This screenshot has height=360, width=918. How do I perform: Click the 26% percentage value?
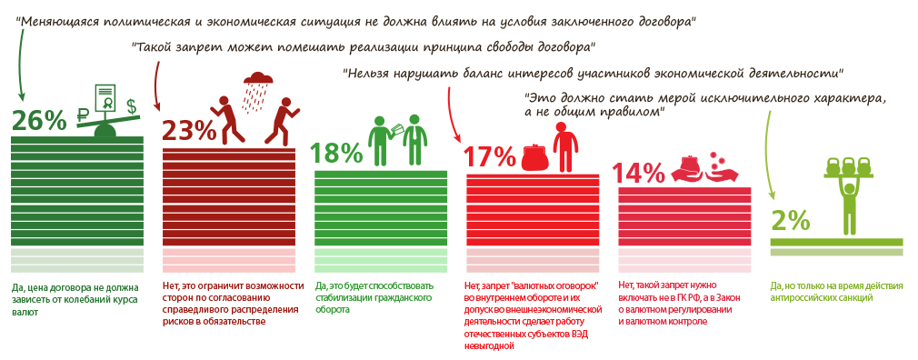tap(39, 121)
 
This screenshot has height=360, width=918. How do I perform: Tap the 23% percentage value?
tap(187, 132)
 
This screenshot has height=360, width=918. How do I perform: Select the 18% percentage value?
tap(337, 152)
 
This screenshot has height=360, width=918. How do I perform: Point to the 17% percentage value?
tap(489, 156)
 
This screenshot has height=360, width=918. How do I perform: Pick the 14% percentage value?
tap(640, 173)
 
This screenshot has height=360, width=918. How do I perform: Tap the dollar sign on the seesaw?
tap(132, 105)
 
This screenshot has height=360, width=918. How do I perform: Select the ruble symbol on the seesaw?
tap(83, 117)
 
